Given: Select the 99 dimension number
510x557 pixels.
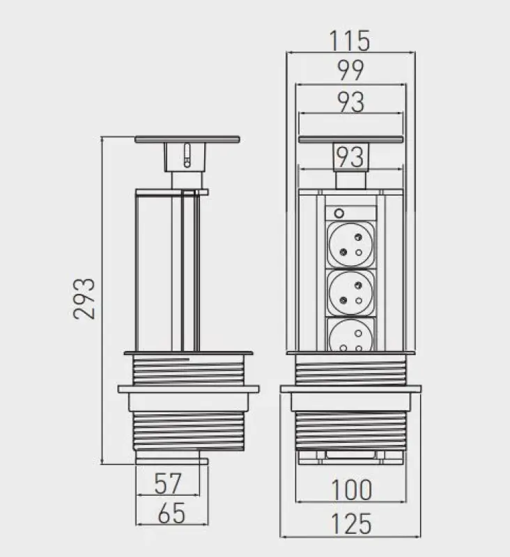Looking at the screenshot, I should coord(350,72).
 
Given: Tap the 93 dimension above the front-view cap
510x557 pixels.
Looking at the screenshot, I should coord(350,102).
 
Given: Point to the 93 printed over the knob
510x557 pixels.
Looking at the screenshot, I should coord(350,157).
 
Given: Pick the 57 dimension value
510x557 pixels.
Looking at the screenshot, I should coord(168,483).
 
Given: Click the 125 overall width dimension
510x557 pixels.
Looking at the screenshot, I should coord(350,523).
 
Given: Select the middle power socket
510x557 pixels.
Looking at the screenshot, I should coord(350,293).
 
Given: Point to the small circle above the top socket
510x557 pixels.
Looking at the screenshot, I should coord(339,212).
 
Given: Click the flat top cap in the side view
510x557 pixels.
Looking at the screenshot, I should coord(187,139).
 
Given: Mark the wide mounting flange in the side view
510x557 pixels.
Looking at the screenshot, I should coord(188,389).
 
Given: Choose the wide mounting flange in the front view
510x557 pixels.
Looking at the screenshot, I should coord(350,389).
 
